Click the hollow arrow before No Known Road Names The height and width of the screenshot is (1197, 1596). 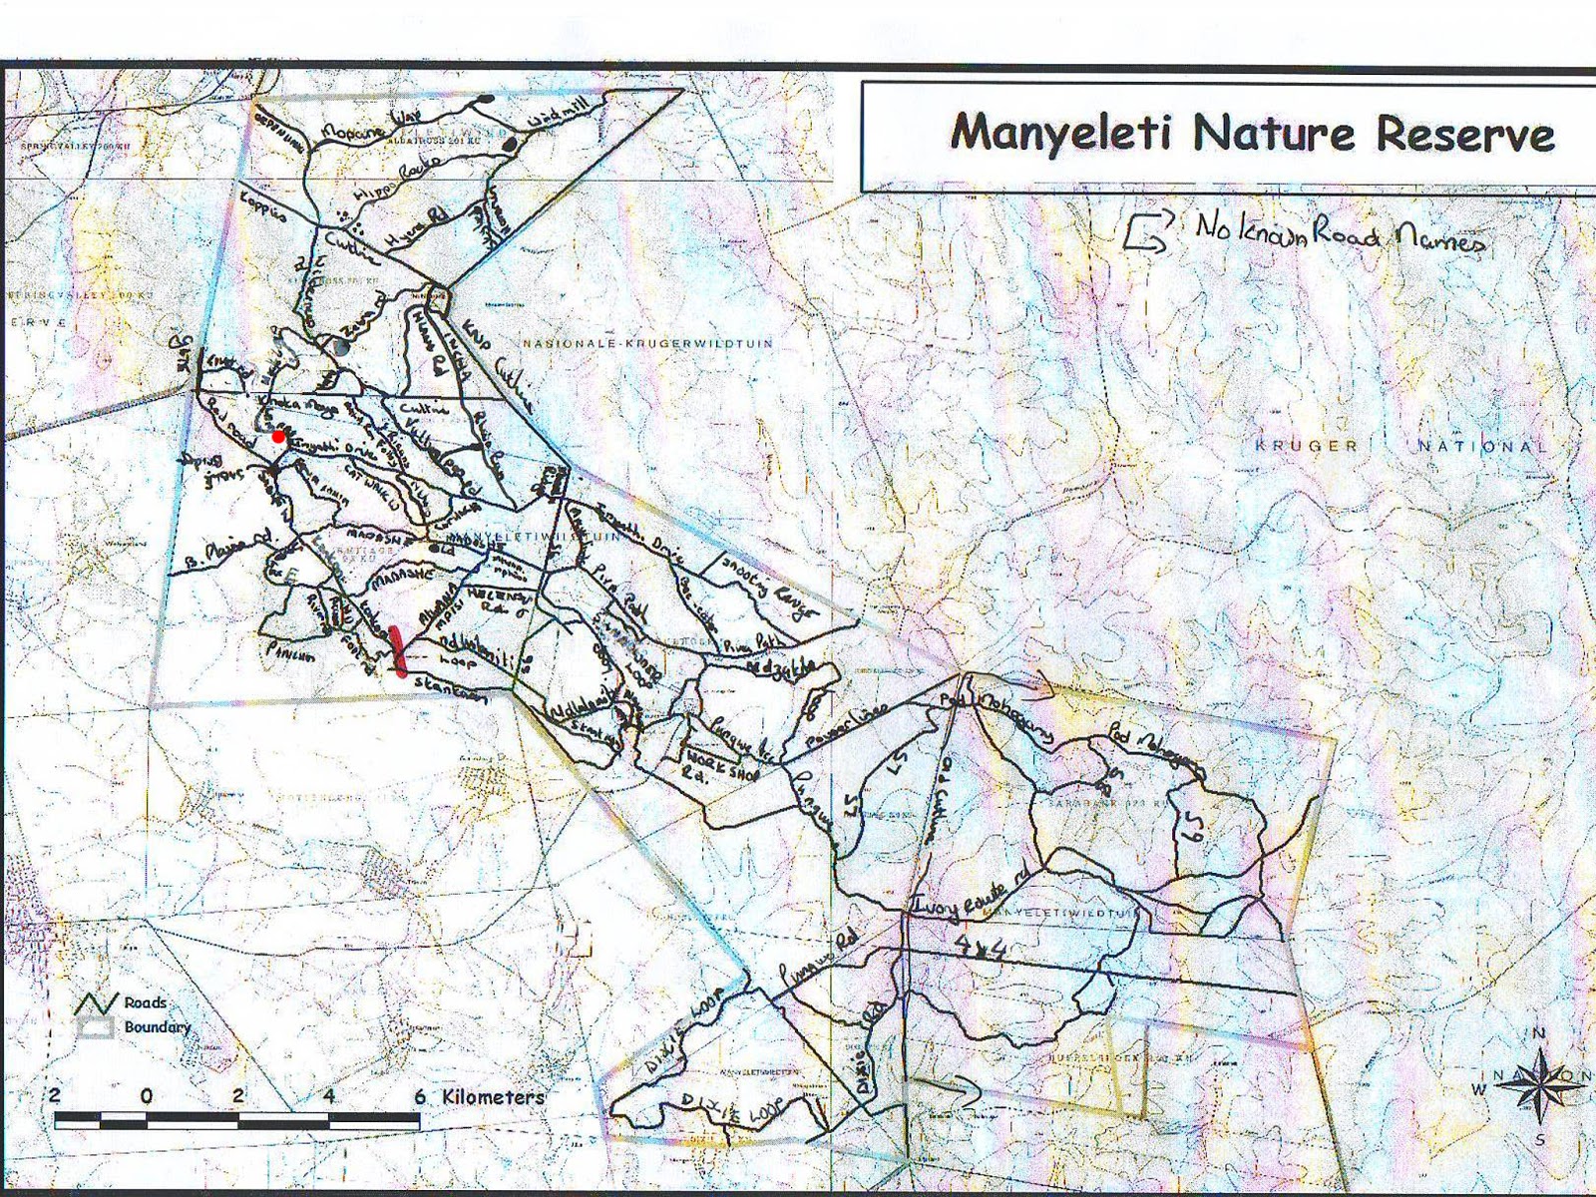1144,235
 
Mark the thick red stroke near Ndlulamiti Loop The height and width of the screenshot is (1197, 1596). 399,651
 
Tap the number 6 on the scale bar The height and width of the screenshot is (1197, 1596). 420,1095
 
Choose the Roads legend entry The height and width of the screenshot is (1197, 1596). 146,1002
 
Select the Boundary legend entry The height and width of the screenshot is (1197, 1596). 157,1026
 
